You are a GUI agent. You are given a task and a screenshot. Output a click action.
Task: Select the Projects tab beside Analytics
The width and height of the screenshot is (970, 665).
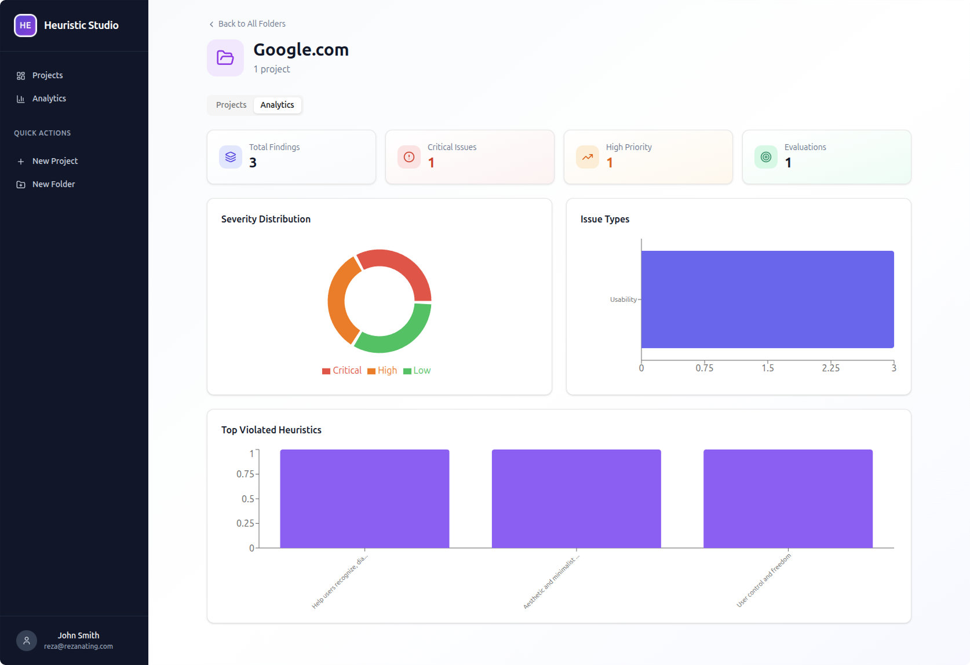(x=231, y=105)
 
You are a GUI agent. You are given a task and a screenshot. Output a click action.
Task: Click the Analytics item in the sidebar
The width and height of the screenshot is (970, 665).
(x=49, y=98)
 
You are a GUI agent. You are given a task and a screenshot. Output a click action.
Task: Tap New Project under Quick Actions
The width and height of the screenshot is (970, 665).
(x=54, y=161)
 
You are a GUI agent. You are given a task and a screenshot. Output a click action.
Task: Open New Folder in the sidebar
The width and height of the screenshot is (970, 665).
(x=53, y=184)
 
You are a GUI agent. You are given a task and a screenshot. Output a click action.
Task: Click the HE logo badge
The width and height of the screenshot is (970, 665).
(x=25, y=25)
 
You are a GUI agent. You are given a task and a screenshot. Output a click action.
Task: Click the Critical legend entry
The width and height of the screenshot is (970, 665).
(x=342, y=371)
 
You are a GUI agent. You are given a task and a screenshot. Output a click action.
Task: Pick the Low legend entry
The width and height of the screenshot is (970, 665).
(x=417, y=371)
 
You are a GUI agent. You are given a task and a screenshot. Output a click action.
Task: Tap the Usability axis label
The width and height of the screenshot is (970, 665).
(x=623, y=299)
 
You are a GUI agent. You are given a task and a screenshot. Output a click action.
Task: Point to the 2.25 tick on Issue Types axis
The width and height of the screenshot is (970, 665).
(x=830, y=368)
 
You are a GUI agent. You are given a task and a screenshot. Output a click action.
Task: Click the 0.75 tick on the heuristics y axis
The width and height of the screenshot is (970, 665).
(x=245, y=474)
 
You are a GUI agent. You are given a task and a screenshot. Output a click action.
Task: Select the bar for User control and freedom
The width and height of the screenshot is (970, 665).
(x=787, y=499)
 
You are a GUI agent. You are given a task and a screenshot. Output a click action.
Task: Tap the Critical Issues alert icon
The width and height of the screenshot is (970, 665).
(x=409, y=157)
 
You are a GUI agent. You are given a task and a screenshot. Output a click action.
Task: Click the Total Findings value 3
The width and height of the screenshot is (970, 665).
(x=253, y=163)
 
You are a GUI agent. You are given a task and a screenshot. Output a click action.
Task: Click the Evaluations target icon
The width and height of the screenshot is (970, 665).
(x=766, y=157)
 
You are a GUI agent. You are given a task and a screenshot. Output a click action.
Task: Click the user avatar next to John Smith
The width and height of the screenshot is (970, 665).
(x=27, y=641)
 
